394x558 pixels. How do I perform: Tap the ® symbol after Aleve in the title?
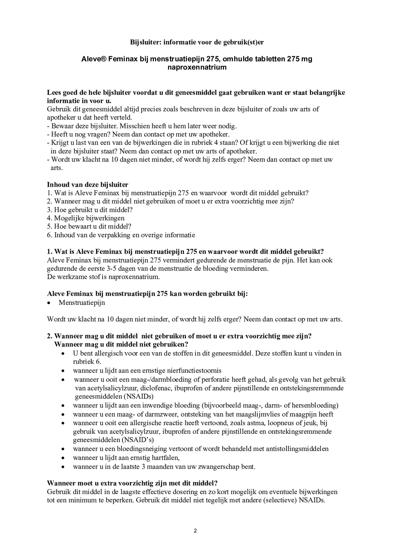(103, 59)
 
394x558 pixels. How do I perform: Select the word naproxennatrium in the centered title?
(197, 67)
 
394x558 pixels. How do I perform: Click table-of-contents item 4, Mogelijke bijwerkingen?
(86, 218)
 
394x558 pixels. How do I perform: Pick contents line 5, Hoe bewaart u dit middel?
(89, 226)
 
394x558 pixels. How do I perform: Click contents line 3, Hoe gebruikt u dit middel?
(90, 210)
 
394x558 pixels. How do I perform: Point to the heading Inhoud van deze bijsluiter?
(88, 184)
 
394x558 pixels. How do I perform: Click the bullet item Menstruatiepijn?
(82, 303)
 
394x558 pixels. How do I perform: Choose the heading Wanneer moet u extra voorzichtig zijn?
(132, 483)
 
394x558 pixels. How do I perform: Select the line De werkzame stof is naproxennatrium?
(103, 277)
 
